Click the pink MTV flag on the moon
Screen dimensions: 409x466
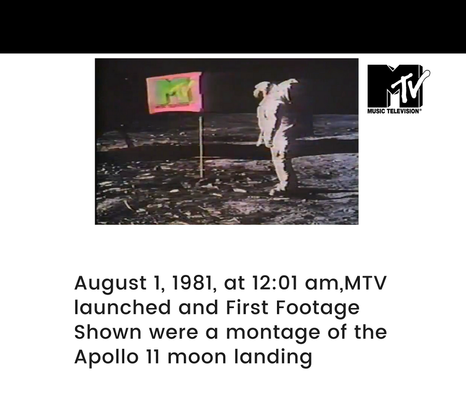click(174, 92)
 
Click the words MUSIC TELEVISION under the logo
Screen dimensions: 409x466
click(394, 111)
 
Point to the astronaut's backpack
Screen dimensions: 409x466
click(286, 104)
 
